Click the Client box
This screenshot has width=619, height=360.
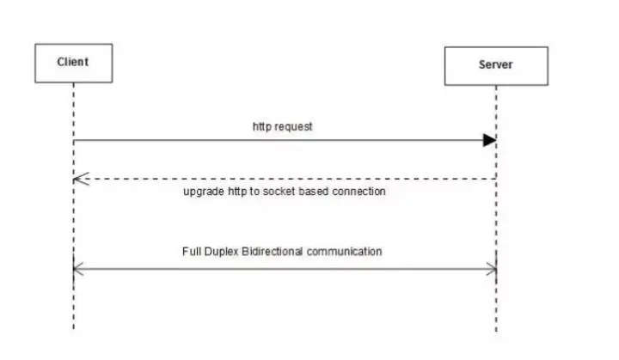point(73,62)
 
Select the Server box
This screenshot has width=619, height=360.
point(496,65)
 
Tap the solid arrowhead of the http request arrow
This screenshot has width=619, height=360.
point(490,140)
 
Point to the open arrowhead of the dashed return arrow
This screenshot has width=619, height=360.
point(80,179)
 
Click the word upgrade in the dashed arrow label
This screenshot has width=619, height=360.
point(203,192)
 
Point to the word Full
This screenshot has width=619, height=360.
point(192,252)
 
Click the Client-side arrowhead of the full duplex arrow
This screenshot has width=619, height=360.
point(78,270)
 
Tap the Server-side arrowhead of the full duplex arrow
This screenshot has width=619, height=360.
point(492,270)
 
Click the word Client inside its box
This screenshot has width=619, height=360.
point(73,62)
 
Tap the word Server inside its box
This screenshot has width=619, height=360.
point(496,65)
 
